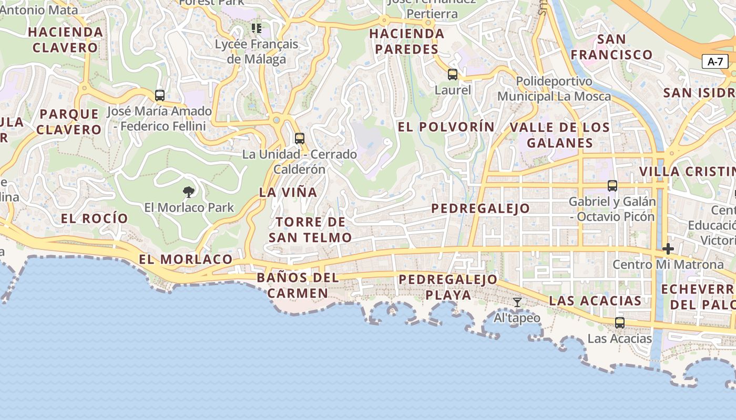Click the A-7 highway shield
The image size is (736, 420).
(715, 61)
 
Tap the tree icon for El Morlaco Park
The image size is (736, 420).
(189, 192)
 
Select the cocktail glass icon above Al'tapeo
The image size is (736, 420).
(517, 302)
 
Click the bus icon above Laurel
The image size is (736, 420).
(453, 75)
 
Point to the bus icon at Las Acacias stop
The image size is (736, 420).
(620, 322)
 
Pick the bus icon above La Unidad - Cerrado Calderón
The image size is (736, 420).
(300, 139)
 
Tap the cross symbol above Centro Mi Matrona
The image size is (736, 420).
(668, 248)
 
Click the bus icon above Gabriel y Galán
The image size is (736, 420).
(612, 185)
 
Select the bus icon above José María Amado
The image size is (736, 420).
(160, 96)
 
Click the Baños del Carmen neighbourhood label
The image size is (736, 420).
(298, 285)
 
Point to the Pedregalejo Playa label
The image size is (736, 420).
(448, 287)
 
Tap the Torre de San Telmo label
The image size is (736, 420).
(310, 230)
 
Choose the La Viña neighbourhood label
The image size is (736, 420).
(288, 193)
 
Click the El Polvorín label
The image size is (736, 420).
(446, 127)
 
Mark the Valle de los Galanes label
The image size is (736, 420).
(559, 135)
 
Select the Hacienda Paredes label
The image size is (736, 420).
(406, 41)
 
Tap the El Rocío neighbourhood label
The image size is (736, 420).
(95, 218)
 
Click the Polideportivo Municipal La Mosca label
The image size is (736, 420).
(554, 89)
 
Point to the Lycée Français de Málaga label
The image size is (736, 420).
(257, 51)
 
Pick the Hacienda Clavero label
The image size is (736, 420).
(66, 40)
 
